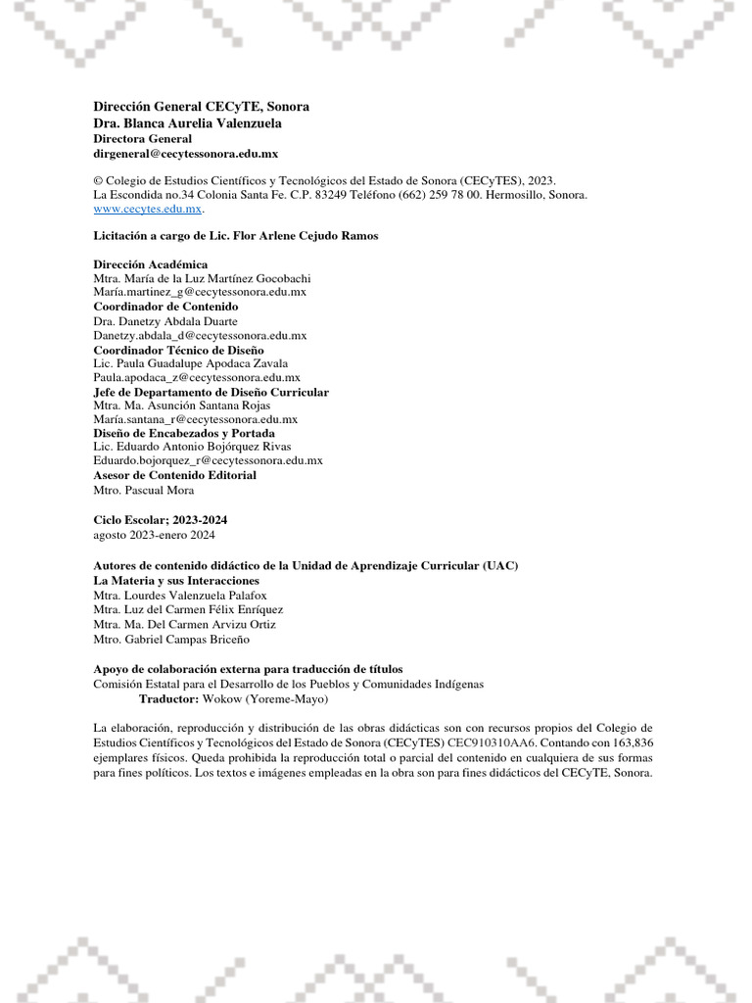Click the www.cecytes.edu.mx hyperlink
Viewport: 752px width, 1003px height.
point(147,209)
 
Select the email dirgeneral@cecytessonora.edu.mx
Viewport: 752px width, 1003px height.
point(186,154)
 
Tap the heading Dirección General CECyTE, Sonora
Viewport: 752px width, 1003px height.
point(201,106)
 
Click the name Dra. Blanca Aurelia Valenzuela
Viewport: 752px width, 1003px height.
point(187,123)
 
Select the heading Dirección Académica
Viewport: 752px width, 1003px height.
point(150,264)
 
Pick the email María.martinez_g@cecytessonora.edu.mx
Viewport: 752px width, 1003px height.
point(200,292)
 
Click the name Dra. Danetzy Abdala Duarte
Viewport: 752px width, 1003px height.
point(165,320)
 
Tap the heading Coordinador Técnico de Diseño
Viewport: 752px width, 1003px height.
point(178,349)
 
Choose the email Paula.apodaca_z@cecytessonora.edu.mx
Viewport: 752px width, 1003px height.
point(197,377)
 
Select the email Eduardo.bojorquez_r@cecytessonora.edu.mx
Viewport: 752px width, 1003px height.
point(208,460)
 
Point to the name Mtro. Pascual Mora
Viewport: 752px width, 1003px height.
point(143,490)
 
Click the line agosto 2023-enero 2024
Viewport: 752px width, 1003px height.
point(154,535)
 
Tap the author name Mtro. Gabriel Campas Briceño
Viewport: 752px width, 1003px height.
point(171,640)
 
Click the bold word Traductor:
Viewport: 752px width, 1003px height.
point(168,700)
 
